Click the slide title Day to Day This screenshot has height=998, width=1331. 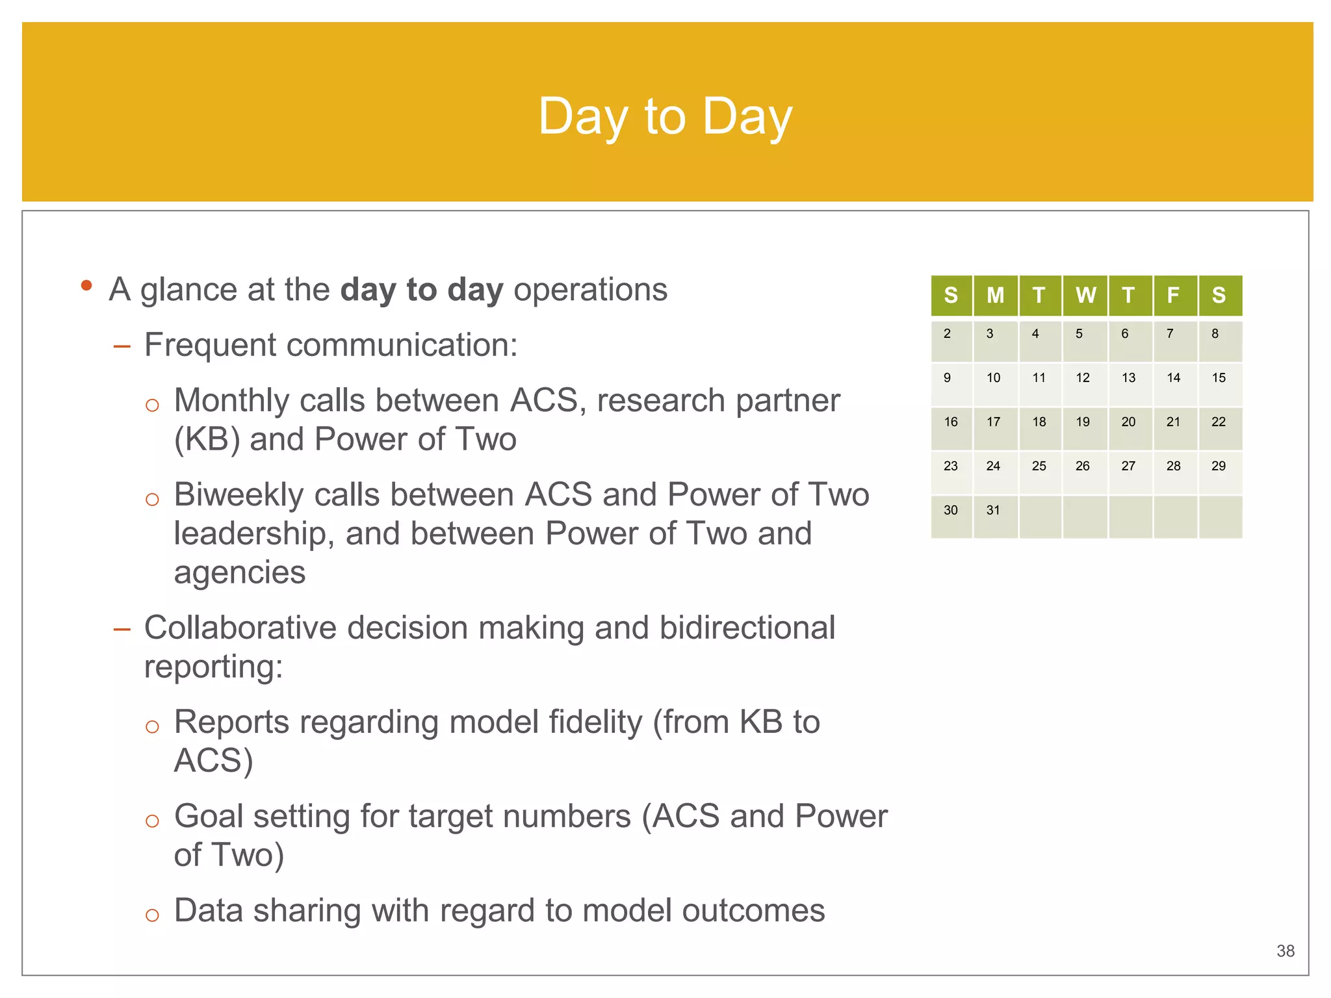point(665,116)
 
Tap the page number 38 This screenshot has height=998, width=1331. point(1285,951)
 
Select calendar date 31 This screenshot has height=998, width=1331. point(993,510)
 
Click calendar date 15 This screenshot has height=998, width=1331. point(1219,377)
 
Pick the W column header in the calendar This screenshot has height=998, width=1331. point(1085,296)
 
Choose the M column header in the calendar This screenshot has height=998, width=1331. point(995,296)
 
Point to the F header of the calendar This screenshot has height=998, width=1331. point(1173,296)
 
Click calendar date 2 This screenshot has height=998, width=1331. point(947,333)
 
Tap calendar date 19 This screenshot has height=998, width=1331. point(1083,422)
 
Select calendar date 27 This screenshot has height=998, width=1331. point(1128,466)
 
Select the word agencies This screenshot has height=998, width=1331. point(239,572)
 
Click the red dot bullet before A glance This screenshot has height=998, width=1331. point(86,285)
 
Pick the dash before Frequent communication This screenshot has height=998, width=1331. point(122,346)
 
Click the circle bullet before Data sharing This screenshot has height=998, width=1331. point(152,915)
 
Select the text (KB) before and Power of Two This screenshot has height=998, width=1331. point(207,440)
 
